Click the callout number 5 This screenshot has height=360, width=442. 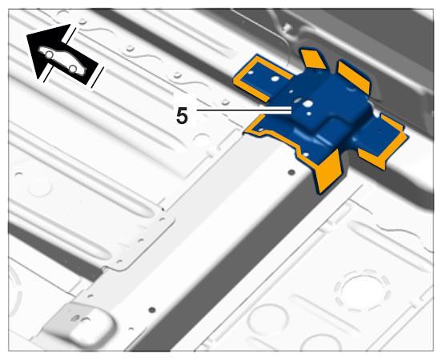click(182, 115)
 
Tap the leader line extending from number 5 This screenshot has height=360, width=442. click(244, 110)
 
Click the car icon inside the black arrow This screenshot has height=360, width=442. click(62, 61)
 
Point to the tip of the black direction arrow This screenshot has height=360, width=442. click(37, 79)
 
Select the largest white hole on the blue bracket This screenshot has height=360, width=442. click(308, 104)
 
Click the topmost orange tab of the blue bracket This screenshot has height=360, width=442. click(313, 59)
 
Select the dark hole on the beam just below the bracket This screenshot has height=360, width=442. click(291, 172)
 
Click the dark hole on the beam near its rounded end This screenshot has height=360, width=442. click(152, 310)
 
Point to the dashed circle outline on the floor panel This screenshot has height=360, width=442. click(362, 290)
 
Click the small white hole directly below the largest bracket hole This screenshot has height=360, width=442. click(309, 114)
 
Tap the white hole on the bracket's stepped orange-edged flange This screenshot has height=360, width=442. click(306, 154)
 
